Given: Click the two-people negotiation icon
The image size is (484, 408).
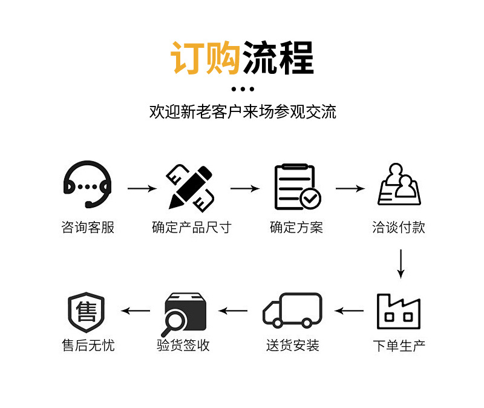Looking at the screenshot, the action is click(x=399, y=185).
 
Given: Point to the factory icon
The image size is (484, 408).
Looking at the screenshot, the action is click(x=399, y=311).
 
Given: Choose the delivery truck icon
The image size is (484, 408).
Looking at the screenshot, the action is click(x=292, y=311).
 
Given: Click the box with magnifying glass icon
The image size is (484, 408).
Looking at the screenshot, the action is click(x=185, y=314).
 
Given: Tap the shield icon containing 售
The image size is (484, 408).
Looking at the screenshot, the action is click(x=87, y=313).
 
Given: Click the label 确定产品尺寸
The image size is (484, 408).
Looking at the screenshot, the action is click(x=191, y=228).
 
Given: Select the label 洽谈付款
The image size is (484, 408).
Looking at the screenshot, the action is click(x=399, y=228).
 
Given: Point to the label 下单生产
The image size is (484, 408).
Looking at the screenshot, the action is click(x=399, y=346).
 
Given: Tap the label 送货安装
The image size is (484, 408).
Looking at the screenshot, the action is click(x=293, y=346).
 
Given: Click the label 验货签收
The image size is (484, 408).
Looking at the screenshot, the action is click(x=183, y=346).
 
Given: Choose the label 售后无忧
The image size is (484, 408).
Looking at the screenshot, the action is click(x=88, y=346).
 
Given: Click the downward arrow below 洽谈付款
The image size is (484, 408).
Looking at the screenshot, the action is click(x=400, y=263).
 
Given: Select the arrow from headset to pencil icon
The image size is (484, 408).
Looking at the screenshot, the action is click(x=142, y=189).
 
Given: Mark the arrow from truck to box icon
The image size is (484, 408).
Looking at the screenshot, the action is click(x=233, y=311).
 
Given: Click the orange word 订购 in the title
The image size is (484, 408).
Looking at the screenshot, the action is click(x=206, y=58).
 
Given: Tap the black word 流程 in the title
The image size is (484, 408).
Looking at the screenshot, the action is click(x=278, y=58).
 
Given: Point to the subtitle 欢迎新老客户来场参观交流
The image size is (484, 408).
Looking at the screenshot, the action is click(x=243, y=112).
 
